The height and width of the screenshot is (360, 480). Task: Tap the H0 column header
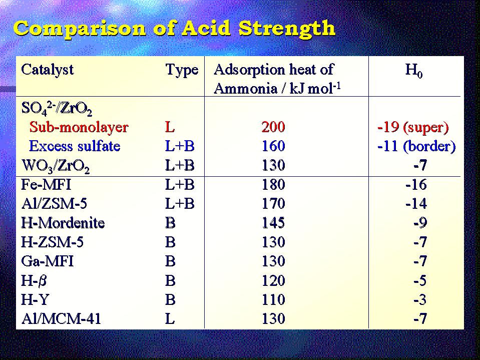tap(414, 71)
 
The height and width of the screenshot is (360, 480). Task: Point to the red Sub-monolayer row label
tap(79, 127)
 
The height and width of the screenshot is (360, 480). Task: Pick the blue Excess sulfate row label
tap(75, 146)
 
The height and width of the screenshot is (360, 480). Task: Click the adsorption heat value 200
tap(273, 127)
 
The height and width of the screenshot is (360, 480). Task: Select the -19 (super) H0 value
tap(413, 127)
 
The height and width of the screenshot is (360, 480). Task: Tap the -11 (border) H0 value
tap(416, 146)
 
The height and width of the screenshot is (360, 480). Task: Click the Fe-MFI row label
tap(46, 185)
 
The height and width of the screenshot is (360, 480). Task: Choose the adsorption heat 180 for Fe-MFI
tap(273, 185)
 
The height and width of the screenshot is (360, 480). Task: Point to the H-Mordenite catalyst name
tap(63, 223)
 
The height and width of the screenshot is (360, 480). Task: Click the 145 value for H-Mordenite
tap(273, 223)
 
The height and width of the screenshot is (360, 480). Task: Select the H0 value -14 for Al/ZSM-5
tap(416, 204)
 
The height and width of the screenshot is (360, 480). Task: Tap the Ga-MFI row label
tap(48, 261)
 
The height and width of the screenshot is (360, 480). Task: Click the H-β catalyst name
tap(34, 281)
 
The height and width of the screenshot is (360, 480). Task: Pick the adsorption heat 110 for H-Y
tap(273, 299)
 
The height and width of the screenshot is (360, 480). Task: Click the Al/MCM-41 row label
tap(61, 318)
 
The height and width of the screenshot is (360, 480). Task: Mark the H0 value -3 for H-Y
tap(420, 300)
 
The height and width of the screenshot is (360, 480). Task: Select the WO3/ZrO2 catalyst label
tap(56, 166)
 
